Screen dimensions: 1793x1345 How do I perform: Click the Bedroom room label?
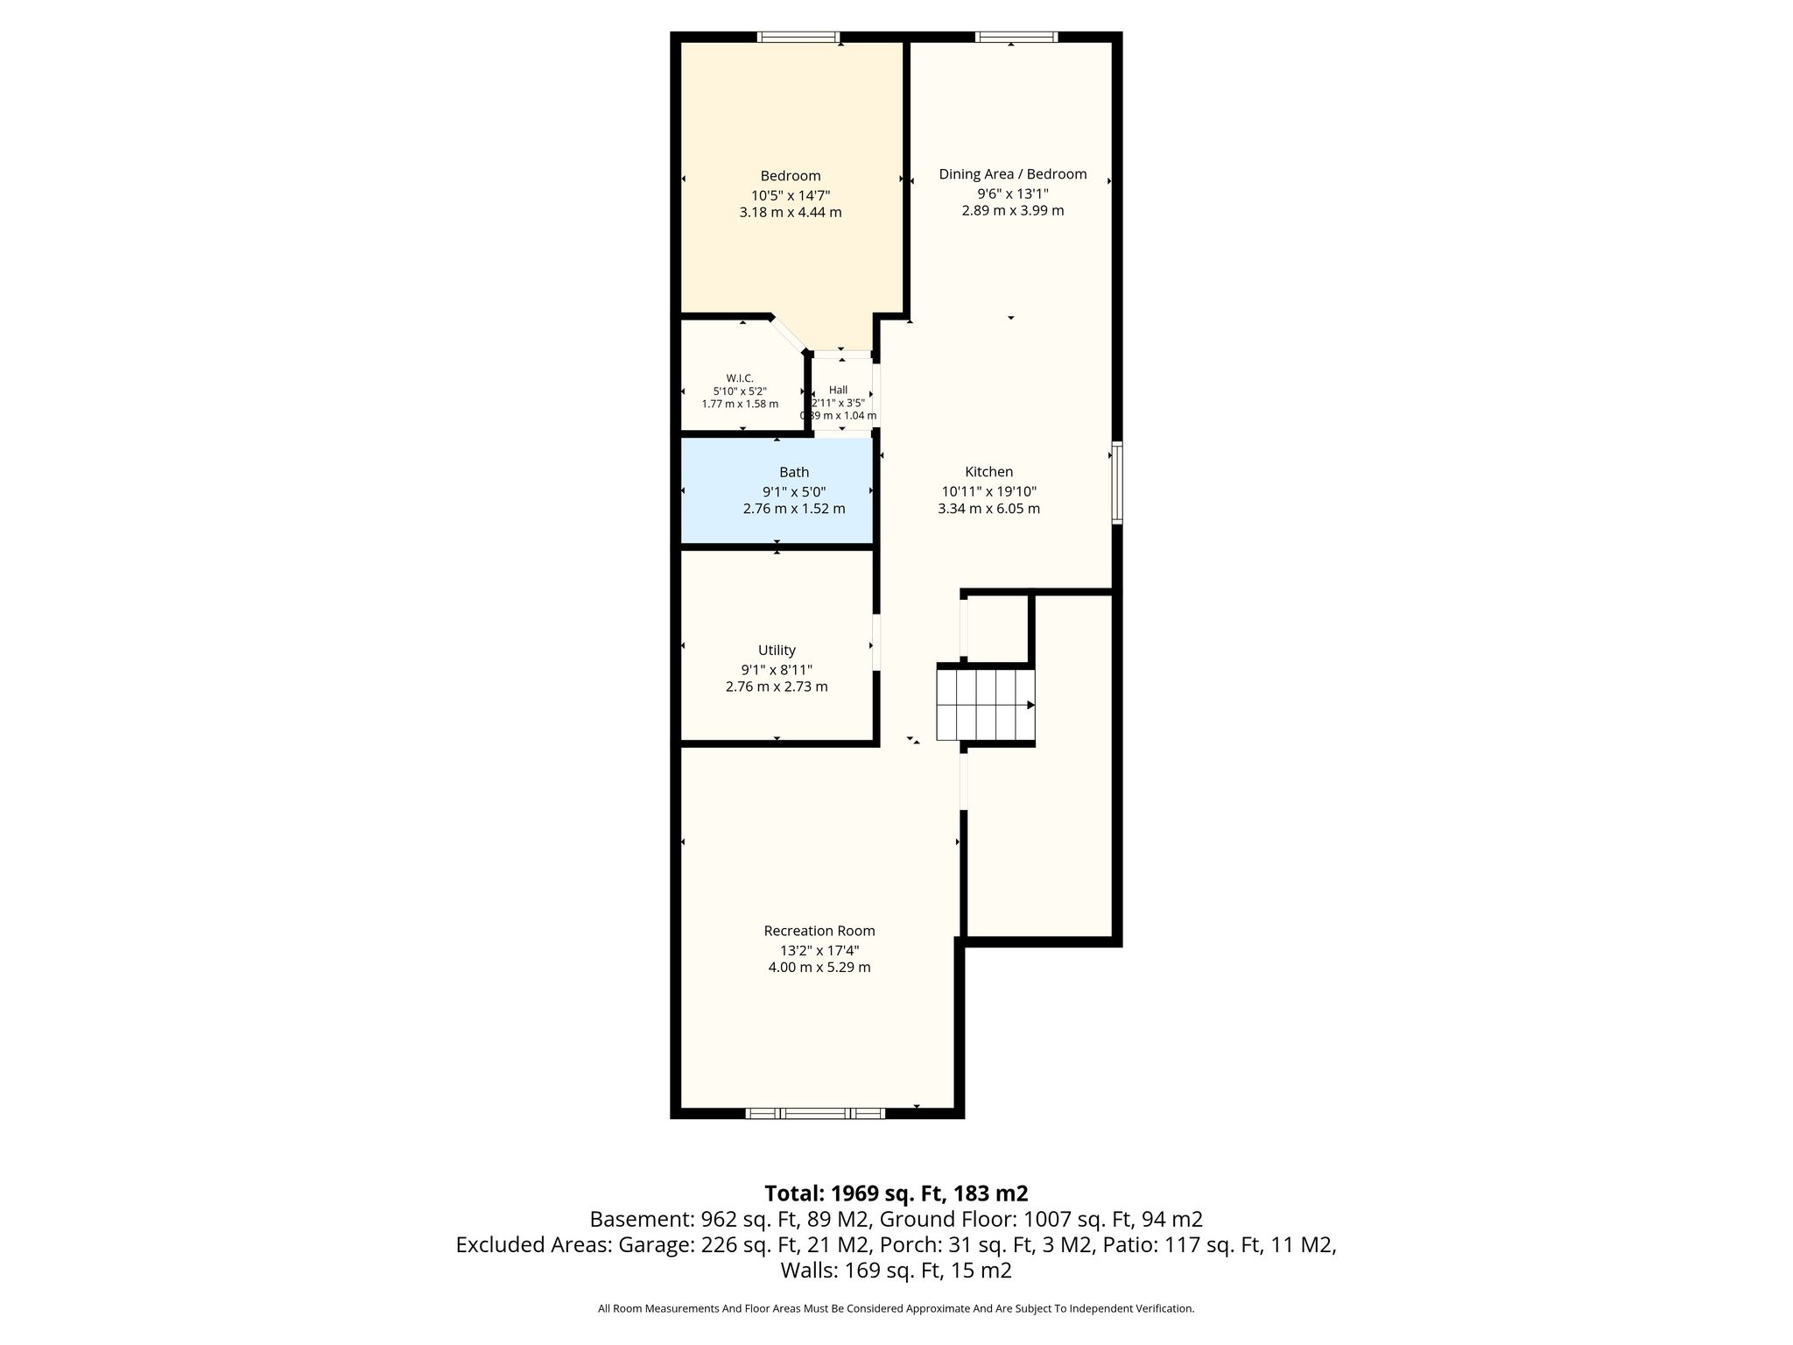[x=791, y=176]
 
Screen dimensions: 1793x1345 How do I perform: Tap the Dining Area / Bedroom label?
[x=1013, y=174]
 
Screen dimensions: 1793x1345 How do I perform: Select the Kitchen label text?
[x=989, y=472]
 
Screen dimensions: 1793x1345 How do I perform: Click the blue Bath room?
[x=777, y=491]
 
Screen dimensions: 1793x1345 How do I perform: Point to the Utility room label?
[x=777, y=650]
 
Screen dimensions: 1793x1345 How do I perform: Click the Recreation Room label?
[x=819, y=931]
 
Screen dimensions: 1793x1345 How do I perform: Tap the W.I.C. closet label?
[x=740, y=378]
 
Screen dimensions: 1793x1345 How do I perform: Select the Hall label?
[x=839, y=391]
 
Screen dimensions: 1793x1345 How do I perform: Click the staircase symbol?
[x=986, y=705]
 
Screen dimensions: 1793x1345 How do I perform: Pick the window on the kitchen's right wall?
[x=1117, y=483]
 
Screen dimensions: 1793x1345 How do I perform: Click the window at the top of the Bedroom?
[x=798, y=37]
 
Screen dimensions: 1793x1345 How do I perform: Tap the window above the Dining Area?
[x=1016, y=37]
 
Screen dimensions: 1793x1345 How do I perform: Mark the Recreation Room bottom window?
[x=815, y=1113]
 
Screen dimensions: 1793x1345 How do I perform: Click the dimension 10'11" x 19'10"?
[x=989, y=491]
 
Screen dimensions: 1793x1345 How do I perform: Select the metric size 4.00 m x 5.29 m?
[x=819, y=968]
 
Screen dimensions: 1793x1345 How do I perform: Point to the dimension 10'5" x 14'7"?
[x=791, y=195]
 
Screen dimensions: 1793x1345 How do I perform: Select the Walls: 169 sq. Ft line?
[x=896, y=1271]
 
